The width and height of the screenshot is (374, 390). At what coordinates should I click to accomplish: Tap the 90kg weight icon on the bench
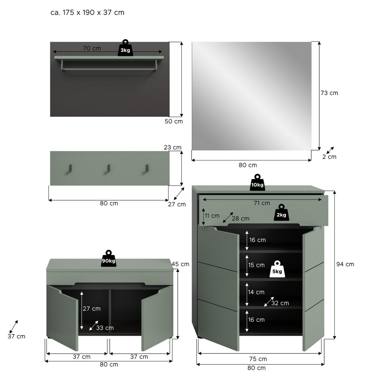coord(108,259)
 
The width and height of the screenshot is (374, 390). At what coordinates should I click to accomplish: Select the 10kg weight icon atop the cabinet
coord(257,183)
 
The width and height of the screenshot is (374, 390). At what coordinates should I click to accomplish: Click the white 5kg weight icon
coord(277,269)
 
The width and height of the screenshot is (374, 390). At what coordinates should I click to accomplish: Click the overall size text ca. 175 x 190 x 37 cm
coord(87,12)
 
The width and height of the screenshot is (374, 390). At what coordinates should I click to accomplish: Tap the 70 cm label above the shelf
coord(92,48)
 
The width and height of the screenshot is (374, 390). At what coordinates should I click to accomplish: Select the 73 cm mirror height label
coord(329,93)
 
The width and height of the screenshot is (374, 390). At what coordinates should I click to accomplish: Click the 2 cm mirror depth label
coord(329,157)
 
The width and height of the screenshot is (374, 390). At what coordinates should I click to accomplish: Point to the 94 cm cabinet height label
coord(345,264)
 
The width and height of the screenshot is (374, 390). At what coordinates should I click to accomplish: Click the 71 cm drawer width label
coord(262,203)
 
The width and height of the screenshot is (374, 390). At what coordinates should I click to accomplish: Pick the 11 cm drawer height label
coord(212,216)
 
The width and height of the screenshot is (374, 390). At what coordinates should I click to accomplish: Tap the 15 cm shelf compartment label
coord(256,265)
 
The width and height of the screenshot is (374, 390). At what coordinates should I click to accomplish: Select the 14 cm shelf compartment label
coord(256,292)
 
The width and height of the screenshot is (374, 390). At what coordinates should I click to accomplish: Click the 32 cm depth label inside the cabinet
coord(280,303)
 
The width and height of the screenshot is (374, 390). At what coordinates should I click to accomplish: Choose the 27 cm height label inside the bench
coord(92,309)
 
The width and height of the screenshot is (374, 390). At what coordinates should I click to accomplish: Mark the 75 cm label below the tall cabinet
coord(258,359)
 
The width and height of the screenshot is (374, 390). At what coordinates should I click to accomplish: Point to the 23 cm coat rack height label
coord(173,147)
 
